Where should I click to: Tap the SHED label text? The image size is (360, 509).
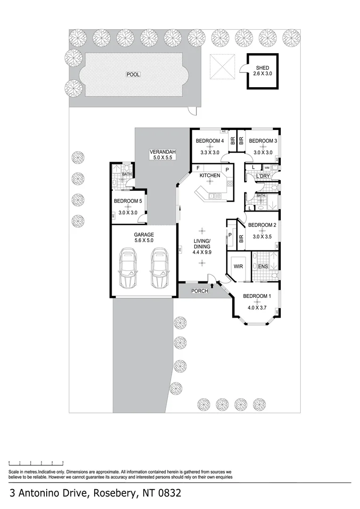[262, 68]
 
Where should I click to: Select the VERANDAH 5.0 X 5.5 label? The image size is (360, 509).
[163, 152]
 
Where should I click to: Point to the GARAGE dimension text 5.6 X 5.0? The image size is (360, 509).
[143, 240]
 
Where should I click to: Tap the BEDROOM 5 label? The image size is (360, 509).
[128, 201]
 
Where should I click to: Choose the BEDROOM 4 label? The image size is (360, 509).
[210, 141]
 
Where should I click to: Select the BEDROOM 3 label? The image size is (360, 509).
[262, 141]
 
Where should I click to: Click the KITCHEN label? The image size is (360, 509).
[210, 176]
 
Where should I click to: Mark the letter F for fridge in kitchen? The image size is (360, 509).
[198, 168]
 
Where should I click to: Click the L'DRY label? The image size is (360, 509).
[262, 176]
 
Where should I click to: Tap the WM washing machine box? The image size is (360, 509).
[267, 168]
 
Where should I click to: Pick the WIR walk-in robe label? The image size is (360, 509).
[238, 266]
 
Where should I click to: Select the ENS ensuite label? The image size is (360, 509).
[263, 267]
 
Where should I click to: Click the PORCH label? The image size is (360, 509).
[199, 291]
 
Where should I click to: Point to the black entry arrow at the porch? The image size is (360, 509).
[213, 285]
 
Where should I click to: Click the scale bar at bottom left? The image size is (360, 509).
[36, 464]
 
